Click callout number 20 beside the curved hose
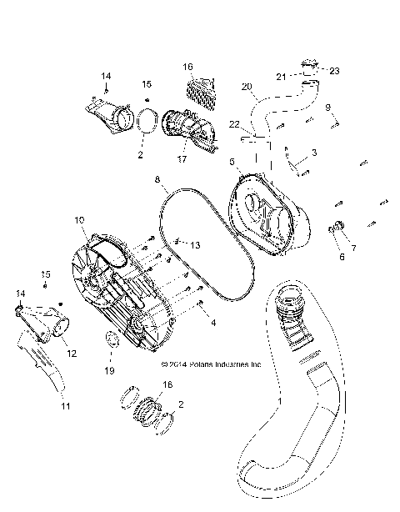click(247, 87)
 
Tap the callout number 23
click(335, 71)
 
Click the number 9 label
click(327, 107)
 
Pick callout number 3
click(313, 153)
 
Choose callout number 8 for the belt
click(157, 179)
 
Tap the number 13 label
click(195, 245)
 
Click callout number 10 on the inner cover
click(80, 220)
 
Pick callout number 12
click(72, 354)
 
